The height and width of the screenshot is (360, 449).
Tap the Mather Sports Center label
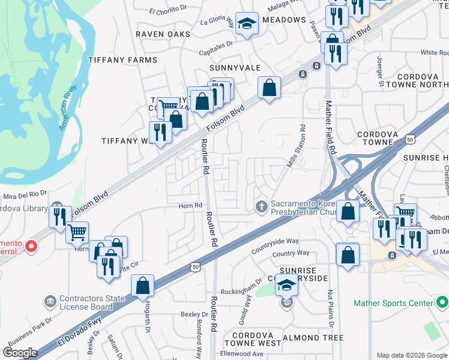[x=393, y=303]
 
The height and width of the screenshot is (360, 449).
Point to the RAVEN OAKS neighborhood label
[x=163, y=34]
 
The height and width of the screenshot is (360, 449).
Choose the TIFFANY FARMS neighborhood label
[x=122, y=60]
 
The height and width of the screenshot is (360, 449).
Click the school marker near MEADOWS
[x=247, y=24]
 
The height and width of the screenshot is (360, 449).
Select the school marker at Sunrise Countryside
[x=287, y=287]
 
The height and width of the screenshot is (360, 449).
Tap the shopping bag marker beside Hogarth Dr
[x=143, y=286]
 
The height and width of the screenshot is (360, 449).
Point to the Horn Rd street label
[x=190, y=205]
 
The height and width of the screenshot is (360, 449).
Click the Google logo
[x=20, y=353]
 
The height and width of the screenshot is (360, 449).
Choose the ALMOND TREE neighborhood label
[x=313, y=338]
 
